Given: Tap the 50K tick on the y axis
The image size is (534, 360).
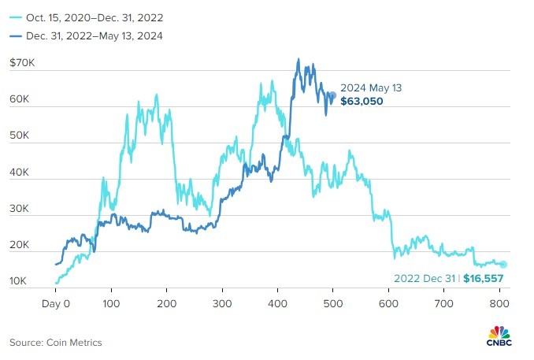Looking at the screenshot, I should point(20,136).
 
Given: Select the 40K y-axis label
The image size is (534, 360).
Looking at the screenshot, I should point(20,173).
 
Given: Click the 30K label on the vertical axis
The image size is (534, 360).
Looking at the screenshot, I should point(20,210).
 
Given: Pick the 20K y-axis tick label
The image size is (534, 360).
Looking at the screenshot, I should point(20,246).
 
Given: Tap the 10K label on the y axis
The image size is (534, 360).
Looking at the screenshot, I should point(20,281).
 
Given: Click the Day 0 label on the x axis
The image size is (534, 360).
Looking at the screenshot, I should point(56,302).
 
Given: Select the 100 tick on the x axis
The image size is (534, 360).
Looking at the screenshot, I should point(111,302).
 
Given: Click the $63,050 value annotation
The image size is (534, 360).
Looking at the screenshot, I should point(362,102).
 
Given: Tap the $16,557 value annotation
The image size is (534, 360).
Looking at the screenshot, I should point(483,278).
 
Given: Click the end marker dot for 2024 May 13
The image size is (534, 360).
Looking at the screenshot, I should point(332,95).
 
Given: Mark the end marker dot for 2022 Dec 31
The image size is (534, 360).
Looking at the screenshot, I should point(503,265).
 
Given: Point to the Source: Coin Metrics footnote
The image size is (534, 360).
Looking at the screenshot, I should point(56,342).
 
